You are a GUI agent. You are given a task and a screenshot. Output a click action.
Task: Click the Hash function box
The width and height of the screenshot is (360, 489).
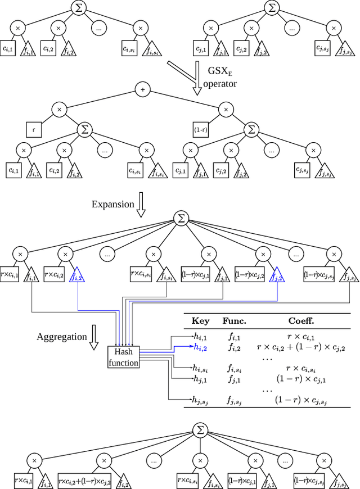(x=123, y=357)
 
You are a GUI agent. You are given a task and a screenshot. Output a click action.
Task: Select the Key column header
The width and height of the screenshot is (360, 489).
(x=201, y=321)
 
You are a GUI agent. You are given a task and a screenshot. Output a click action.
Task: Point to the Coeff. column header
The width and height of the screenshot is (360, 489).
(x=302, y=321)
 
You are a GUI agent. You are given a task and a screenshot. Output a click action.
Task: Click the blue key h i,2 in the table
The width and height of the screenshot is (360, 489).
(x=201, y=347)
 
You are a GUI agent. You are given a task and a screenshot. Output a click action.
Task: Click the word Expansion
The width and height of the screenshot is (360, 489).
(x=114, y=203)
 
